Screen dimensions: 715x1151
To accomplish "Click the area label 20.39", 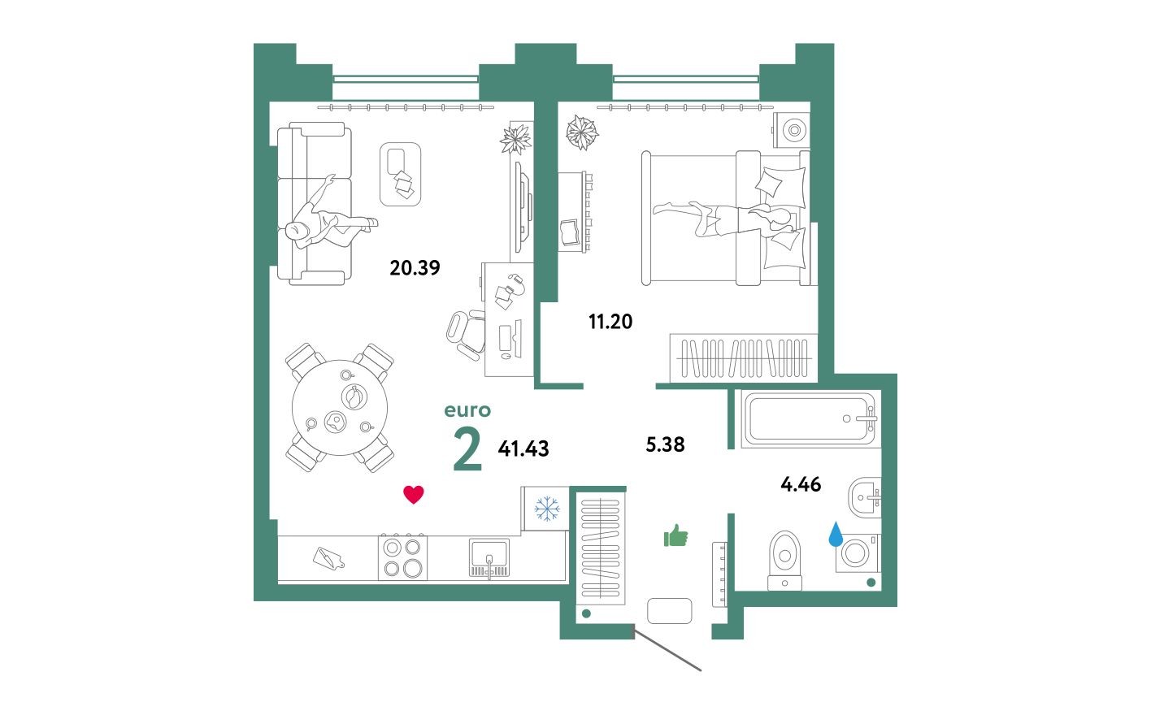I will coord(415,267).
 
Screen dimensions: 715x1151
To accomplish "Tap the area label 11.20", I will coord(610,322).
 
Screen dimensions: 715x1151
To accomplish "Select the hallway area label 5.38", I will coord(664,444).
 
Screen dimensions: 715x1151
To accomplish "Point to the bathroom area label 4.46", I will coord(801,485).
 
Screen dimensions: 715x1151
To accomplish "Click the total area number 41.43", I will coord(523,448).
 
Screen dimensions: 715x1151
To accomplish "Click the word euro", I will coord(467,411).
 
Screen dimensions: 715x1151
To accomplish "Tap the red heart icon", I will coord(414,494).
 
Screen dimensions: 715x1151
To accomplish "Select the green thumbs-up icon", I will coord(675,535).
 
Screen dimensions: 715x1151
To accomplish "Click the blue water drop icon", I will coord(835,535).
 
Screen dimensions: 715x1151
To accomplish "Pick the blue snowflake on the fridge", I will coord(546,509).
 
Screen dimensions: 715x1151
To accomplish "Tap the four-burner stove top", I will coord(402,557).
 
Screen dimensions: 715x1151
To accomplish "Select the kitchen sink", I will coord(489,558).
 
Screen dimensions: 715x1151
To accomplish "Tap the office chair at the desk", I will coord(466,332).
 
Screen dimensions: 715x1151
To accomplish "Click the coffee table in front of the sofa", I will coord(400,174).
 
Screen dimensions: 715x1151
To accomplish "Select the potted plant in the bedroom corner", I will coord(581,132).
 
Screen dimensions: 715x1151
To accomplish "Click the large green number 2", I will coord(467,449).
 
